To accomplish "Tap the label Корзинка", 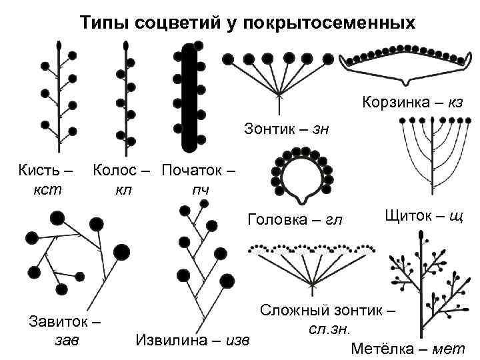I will pos(394,103).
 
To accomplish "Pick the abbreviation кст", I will pos(47,189).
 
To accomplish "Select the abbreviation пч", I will pos(200,189).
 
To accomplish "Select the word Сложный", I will pos(301,311).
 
